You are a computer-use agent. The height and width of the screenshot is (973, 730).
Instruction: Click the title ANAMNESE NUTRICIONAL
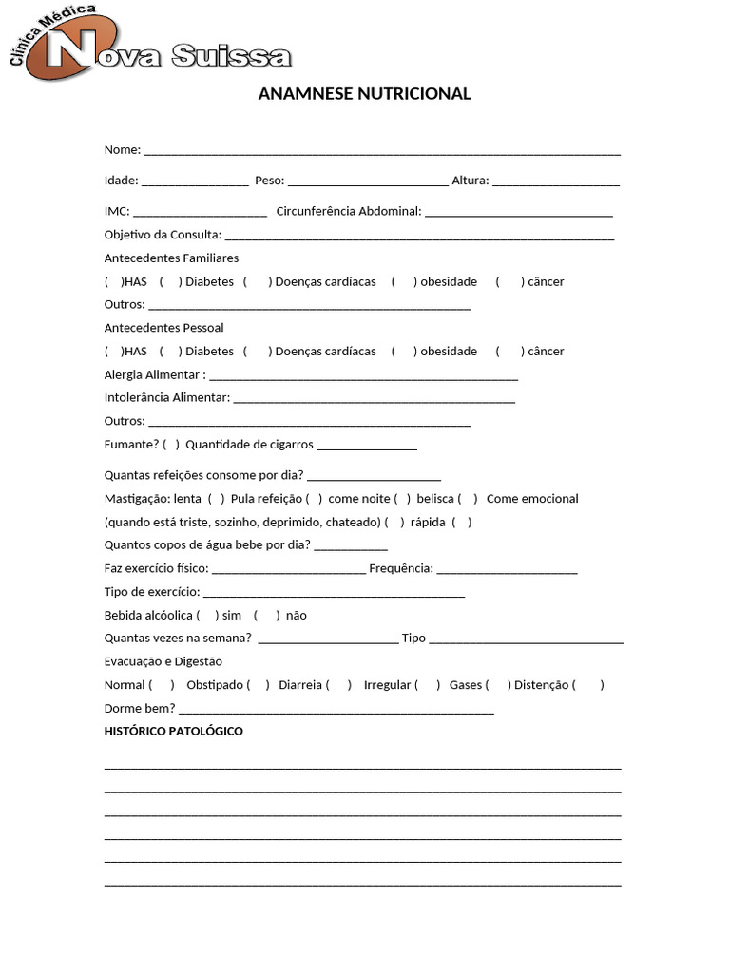(x=364, y=93)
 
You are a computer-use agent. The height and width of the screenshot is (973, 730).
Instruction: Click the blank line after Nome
(x=382, y=151)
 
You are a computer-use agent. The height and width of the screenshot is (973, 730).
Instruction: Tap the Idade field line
(x=195, y=181)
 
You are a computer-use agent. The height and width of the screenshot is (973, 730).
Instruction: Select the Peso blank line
(x=367, y=181)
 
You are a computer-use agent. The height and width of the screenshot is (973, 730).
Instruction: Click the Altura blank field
(x=556, y=181)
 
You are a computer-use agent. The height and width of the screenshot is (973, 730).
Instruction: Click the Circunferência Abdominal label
(x=348, y=211)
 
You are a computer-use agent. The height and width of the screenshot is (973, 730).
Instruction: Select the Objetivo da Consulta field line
(x=419, y=236)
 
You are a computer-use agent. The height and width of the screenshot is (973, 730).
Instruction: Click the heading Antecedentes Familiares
(x=171, y=258)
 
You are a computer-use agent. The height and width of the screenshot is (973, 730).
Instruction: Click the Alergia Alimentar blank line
(x=363, y=376)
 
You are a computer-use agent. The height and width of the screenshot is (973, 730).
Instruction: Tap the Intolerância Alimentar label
(x=166, y=397)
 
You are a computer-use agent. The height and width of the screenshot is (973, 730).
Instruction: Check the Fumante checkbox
(x=171, y=445)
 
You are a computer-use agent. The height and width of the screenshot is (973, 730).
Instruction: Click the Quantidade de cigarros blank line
(x=367, y=447)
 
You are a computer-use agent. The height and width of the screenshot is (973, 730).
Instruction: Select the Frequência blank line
(x=507, y=570)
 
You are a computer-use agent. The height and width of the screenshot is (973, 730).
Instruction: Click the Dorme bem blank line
(x=336, y=710)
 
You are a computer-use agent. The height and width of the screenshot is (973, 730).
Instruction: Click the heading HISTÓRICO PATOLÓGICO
(x=173, y=731)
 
